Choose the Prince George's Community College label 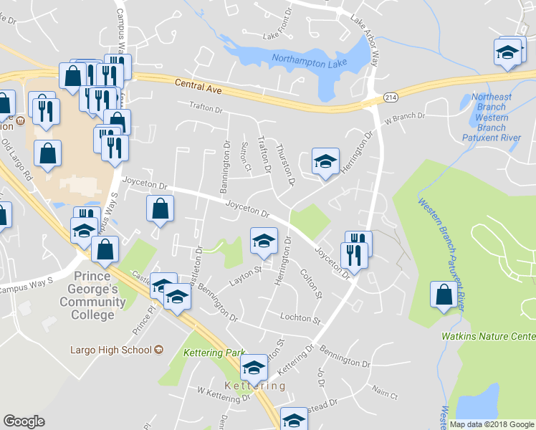[93, 295]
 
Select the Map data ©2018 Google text [492, 424]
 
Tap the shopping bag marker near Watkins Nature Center [444, 295]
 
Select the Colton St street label [313, 285]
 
